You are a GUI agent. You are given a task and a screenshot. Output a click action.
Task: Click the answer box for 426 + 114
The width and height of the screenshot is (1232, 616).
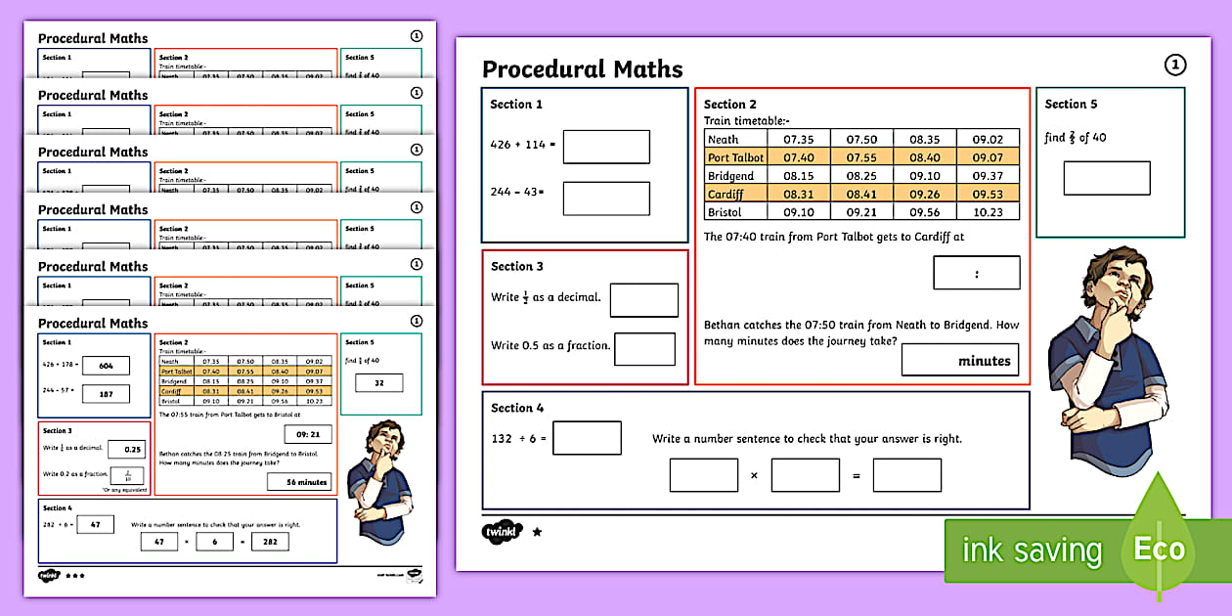click(x=606, y=147)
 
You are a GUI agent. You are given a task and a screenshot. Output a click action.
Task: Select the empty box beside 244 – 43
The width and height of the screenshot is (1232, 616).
click(x=606, y=198)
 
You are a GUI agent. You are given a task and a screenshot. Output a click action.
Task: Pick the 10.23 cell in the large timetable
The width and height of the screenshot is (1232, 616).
click(x=988, y=212)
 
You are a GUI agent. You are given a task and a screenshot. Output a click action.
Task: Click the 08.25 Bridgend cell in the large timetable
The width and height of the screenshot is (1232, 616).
click(x=861, y=176)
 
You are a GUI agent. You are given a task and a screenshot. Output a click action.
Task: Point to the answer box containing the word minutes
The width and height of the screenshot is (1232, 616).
click(x=959, y=360)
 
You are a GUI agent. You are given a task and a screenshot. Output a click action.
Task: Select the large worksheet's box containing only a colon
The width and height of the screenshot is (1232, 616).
click(x=976, y=273)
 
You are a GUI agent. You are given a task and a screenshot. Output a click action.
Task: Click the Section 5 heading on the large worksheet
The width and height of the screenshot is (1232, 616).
click(x=1071, y=104)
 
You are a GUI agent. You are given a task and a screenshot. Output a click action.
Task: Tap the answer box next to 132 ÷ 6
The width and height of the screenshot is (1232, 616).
click(x=587, y=438)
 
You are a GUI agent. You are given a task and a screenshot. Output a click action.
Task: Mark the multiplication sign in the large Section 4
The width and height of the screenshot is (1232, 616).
click(x=754, y=475)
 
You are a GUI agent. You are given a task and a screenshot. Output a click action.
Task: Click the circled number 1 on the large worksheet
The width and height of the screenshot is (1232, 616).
click(x=1174, y=65)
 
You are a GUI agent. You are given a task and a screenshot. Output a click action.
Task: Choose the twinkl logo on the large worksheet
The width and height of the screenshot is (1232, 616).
click(x=503, y=532)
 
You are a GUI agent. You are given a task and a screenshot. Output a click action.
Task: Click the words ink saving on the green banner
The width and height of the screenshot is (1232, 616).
click(x=1032, y=550)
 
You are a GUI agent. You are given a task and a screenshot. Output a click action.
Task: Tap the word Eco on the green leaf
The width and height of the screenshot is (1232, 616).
click(x=1159, y=549)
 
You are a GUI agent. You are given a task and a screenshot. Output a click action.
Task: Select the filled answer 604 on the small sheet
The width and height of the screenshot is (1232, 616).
click(x=106, y=365)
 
